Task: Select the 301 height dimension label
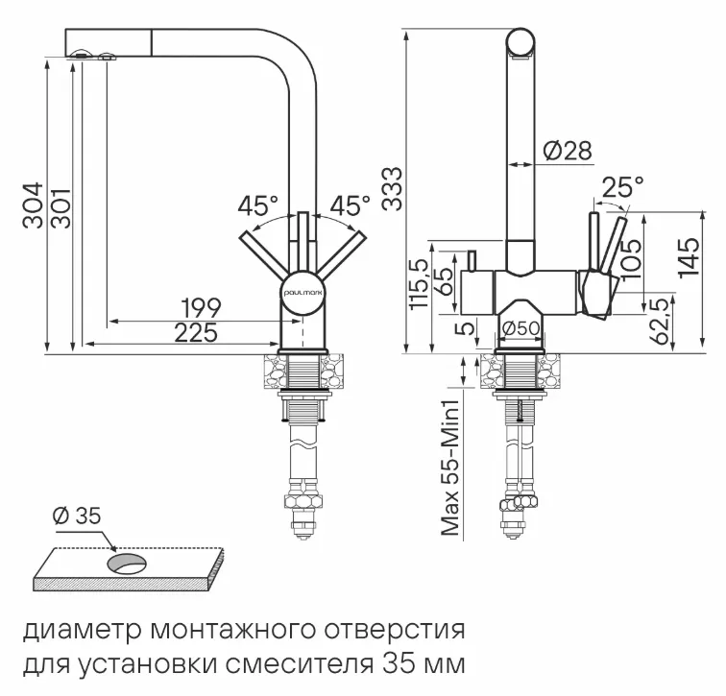pyautogui.click(x=60, y=204)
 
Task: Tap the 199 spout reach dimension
pyautogui.click(x=203, y=308)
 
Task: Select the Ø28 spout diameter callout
pyautogui.click(x=566, y=151)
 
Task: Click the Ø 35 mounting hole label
pyautogui.click(x=77, y=516)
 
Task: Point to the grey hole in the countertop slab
pyautogui.click(x=127, y=564)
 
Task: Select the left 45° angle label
pyautogui.click(x=257, y=205)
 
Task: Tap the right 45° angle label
pyautogui.click(x=350, y=205)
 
